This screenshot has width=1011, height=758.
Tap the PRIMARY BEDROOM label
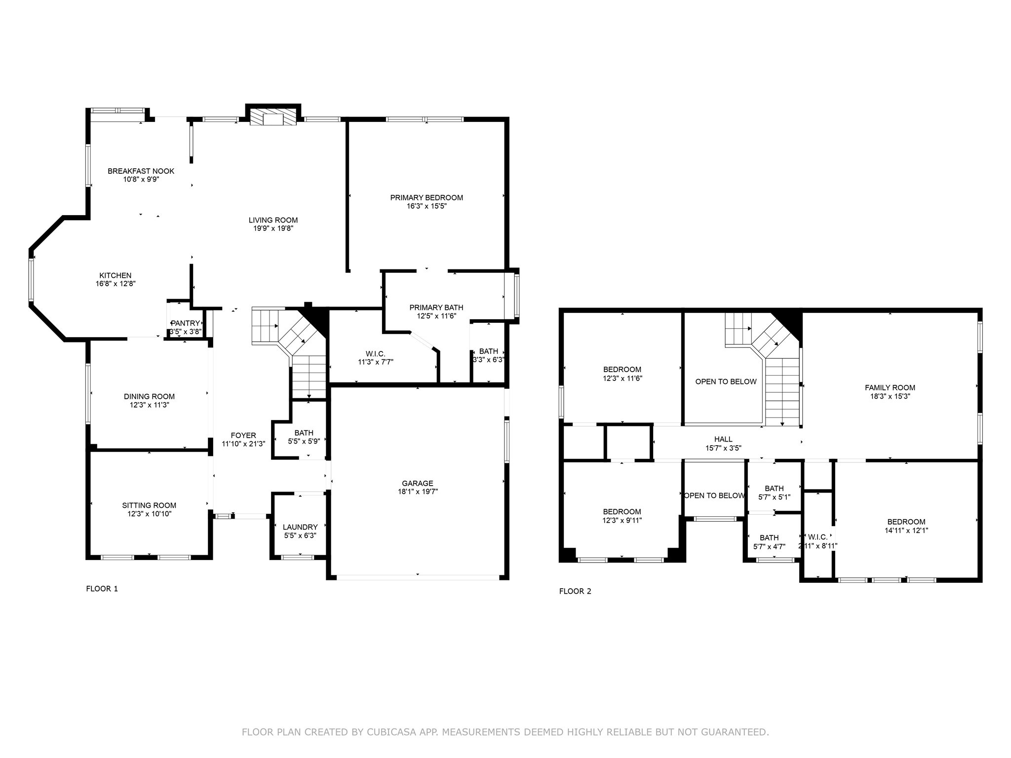click(x=427, y=197)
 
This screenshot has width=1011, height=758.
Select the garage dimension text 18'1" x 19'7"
click(x=418, y=492)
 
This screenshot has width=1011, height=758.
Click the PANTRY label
click(x=185, y=323)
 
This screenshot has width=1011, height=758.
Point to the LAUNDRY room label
click(x=300, y=527)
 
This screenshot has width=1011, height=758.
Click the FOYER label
click(x=243, y=435)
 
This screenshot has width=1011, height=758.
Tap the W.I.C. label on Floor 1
click(x=375, y=353)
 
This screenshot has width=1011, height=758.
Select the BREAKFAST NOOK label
click(x=141, y=171)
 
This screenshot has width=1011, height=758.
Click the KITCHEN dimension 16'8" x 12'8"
click(x=116, y=284)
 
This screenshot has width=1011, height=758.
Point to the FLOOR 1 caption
click(x=102, y=588)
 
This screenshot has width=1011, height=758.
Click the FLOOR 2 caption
click(x=575, y=591)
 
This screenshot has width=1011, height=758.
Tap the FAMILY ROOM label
click(x=890, y=387)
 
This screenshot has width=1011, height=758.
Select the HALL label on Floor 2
click(x=723, y=439)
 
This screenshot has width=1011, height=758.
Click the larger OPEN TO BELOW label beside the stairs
click(x=726, y=381)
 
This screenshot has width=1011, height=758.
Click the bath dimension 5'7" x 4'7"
click(x=769, y=546)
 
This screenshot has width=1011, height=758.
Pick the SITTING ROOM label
click(x=149, y=505)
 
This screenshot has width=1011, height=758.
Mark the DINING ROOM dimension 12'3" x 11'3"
click(x=149, y=405)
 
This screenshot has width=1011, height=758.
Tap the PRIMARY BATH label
click(x=436, y=307)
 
